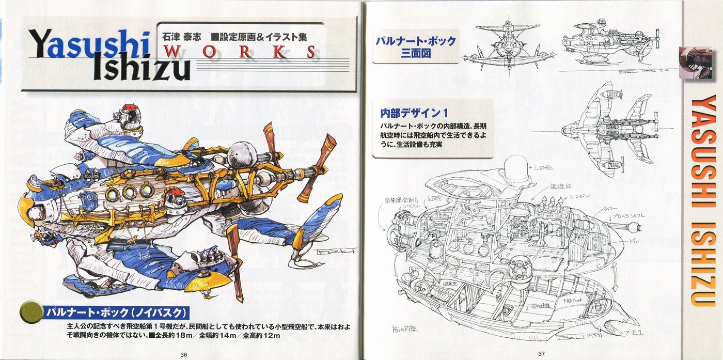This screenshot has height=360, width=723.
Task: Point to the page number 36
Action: point(184,354)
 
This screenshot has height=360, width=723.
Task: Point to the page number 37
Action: point(541,354)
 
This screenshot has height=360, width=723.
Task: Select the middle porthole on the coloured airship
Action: point(129,193)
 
